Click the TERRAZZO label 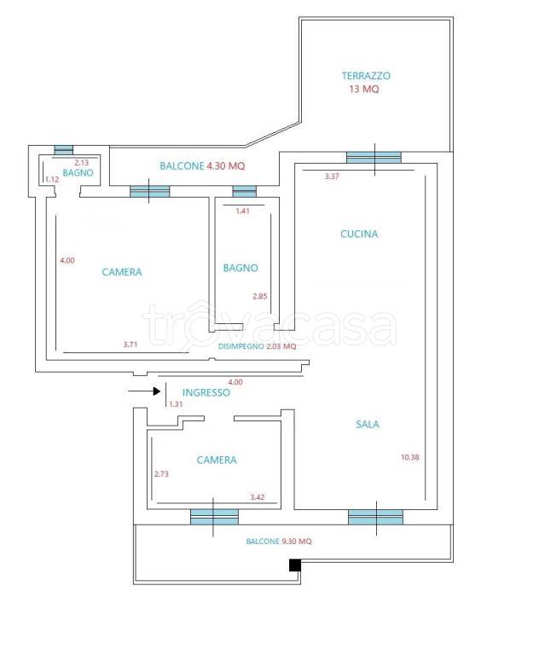click(366, 76)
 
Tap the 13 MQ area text click(364, 89)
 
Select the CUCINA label click(359, 234)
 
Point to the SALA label click(368, 425)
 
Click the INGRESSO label click(206, 392)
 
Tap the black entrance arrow click(145, 391)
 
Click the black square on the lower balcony click(295, 565)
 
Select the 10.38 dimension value click(410, 457)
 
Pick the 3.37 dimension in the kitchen click(332, 177)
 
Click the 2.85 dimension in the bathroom click(260, 296)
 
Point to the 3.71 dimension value click(130, 345)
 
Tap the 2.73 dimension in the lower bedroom click(161, 473)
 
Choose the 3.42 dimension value click(258, 497)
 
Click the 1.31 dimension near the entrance click(176, 404)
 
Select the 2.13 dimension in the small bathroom click(82, 163)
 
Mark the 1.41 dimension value click(242, 211)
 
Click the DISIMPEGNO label click(241, 346)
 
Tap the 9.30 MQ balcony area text click(297, 542)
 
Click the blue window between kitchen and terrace click(374, 158)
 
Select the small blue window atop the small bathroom click(63, 150)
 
